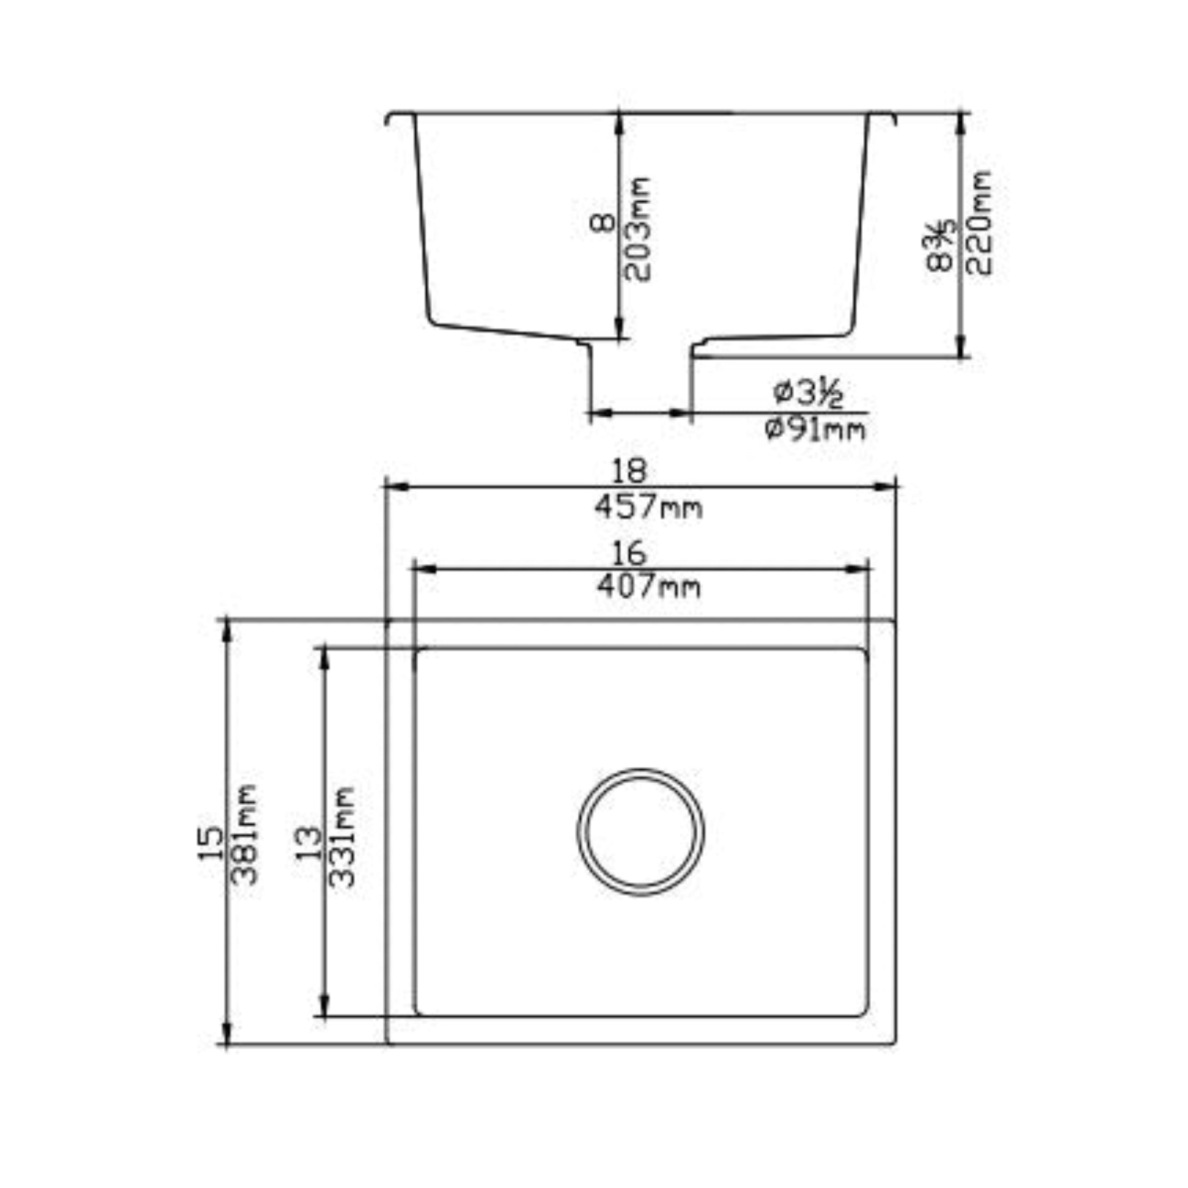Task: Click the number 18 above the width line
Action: coord(629,472)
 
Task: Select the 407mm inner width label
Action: coord(648,586)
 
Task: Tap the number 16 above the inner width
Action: coord(629,553)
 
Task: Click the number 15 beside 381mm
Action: coord(211,843)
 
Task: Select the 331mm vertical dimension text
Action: coord(342,836)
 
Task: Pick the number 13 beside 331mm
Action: coord(309,843)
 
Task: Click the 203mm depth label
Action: coord(637,229)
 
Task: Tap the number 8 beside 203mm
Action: coord(603,223)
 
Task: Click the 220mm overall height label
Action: coord(979,223)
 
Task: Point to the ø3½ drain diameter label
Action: coord(809,393)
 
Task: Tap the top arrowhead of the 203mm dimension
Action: coord(619,123)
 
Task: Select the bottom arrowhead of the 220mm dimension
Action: coord(962,347)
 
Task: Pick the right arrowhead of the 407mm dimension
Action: coord(858,570)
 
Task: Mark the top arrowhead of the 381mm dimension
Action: coord(226,631)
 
